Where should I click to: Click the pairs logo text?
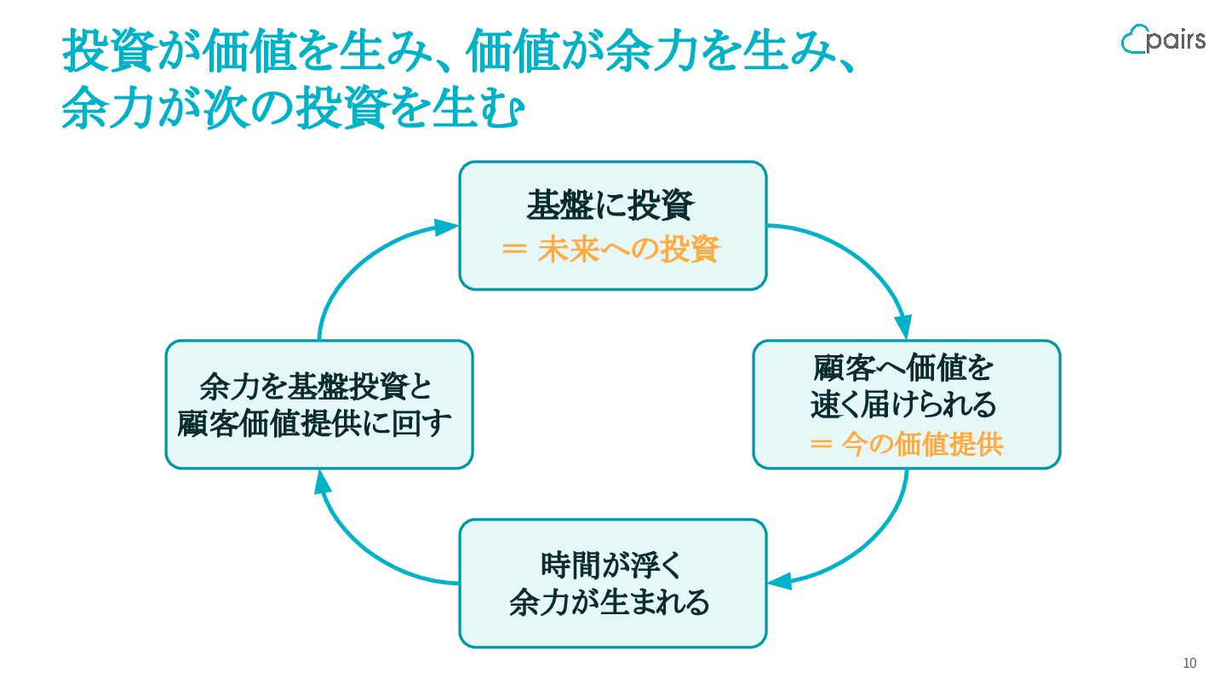coord(1177,40)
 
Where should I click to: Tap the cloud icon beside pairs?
coord(1134,39)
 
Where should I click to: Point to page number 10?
coord(1189,663)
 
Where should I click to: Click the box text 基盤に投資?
coord(610,205)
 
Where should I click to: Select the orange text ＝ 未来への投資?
coord(610,249)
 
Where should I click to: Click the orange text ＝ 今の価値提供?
coord(907,443)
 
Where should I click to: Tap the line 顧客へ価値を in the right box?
coord(903,367)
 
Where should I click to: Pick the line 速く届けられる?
coord(903,405)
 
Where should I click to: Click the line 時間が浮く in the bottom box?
coord(611,565)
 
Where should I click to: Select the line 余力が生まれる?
coord(610,602)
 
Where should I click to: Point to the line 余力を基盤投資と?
coord(317,386)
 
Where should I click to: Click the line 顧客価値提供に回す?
coord(315,423)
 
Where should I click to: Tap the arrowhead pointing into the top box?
coord(445,227)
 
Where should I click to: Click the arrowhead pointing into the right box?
coord(903,327)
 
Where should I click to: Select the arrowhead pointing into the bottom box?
coord(780,581)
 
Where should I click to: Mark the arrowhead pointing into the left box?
coord(323,483)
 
